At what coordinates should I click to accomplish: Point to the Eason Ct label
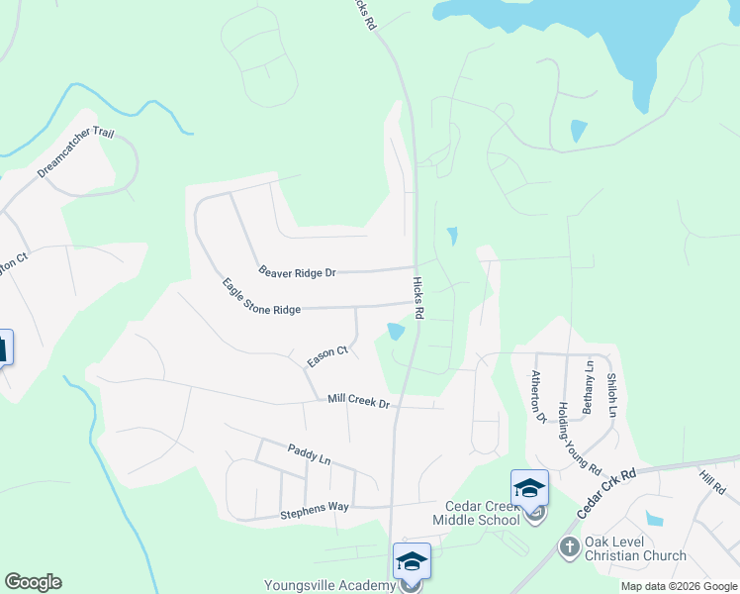[328, 356]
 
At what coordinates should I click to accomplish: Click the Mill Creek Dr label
[359, 401]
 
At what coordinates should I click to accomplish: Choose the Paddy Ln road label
[309, 454]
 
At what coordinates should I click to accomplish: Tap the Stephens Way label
[315, 508]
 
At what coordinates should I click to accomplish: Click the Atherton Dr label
[539, 397]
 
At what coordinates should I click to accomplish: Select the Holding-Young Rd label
[579, 436]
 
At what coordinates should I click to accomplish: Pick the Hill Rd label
[710, 483]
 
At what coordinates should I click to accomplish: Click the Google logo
[33, 582]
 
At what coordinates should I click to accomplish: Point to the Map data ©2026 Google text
[679, 586]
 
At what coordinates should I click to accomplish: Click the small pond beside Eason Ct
[397, 331]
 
